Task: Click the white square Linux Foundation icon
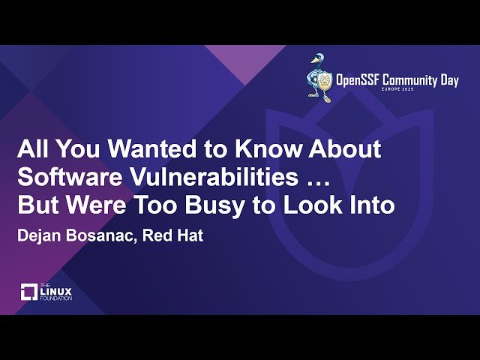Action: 28,292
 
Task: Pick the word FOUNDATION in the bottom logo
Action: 57,298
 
